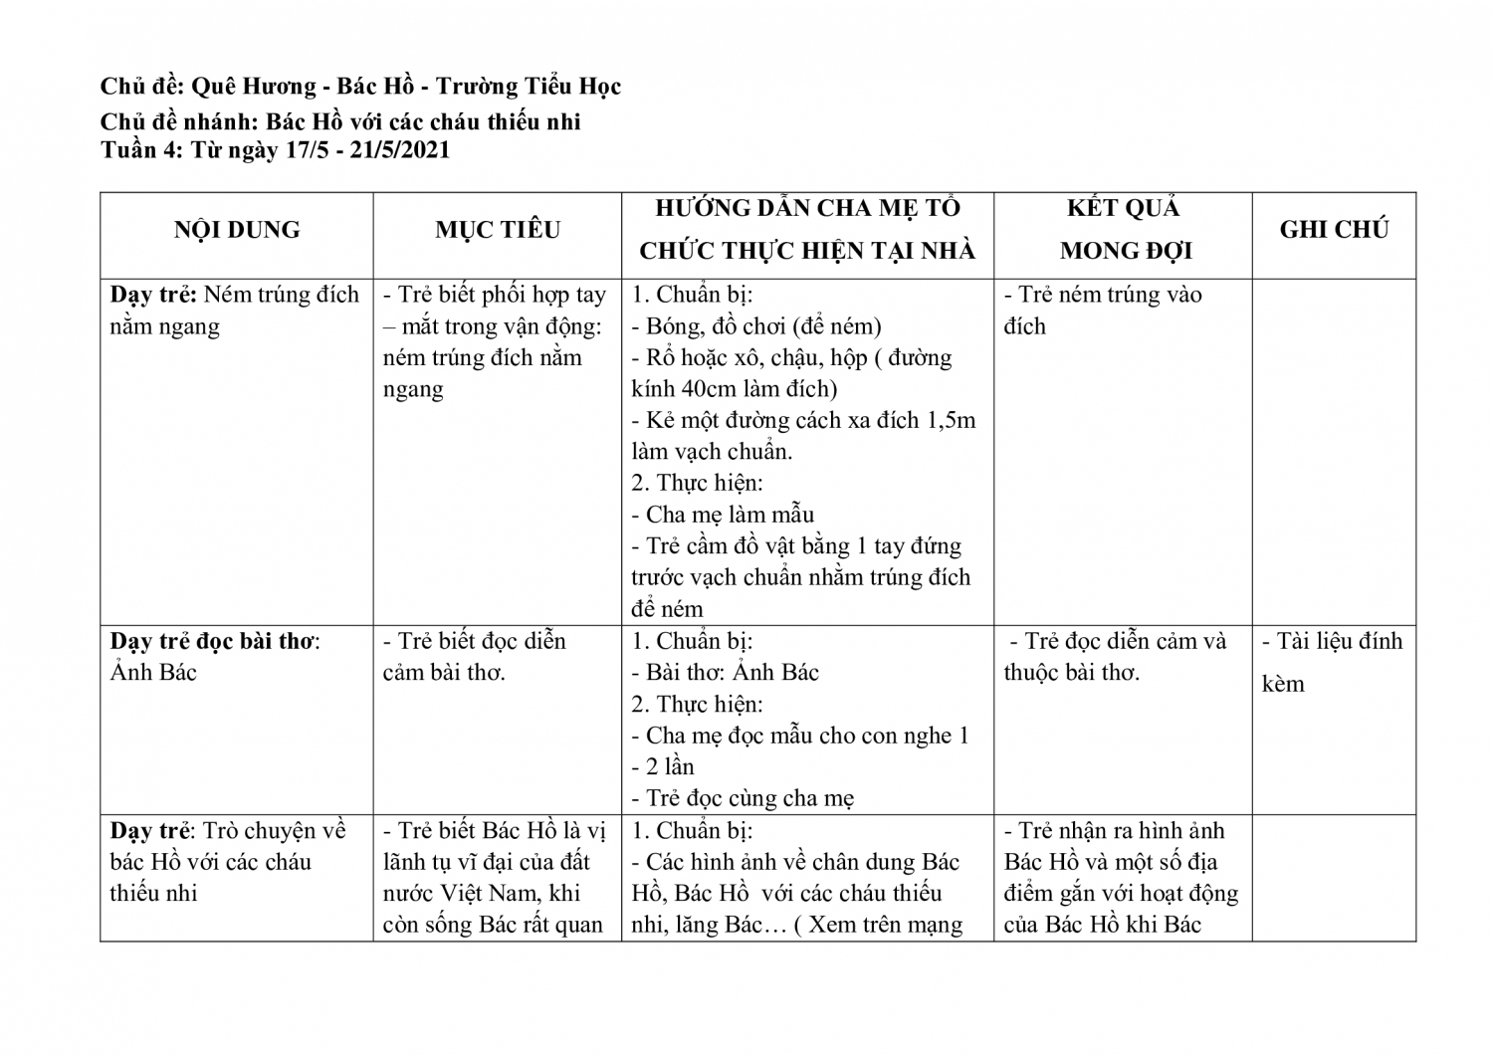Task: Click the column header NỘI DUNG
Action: [237, 230]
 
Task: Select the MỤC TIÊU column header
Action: [498, 230]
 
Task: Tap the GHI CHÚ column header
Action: [1334, 230]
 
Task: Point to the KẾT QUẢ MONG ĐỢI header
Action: [1124, 230]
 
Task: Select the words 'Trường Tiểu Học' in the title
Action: [529, 87]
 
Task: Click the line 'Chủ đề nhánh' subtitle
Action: [340, 122]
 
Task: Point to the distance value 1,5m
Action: [951, 420]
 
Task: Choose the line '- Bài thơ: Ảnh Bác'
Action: [726, 672]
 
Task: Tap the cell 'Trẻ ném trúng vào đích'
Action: [1103, 310]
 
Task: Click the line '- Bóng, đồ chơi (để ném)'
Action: [756, 325]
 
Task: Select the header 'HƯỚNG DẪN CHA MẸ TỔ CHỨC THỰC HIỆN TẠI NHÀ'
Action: [807, 230]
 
